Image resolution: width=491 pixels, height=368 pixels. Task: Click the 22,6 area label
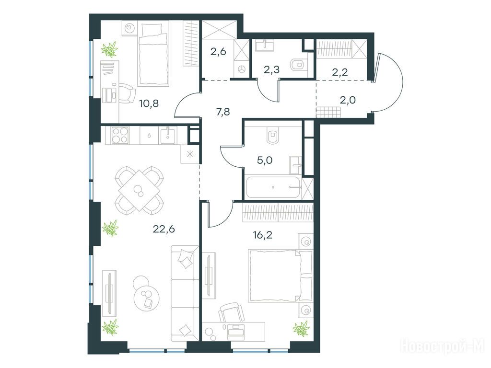[x=164, y=230]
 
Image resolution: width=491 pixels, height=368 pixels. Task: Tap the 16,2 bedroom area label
[x=262, y=235]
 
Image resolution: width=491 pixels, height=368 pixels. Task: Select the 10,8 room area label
[x=149, y=103]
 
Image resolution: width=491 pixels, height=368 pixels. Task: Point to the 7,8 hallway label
[x=223, y=111]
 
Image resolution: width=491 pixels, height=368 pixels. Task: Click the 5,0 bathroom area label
[x=265, y=161]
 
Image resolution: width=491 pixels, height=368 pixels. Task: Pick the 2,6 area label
[x=218, y=52]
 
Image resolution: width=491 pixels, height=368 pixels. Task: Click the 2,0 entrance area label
[x=348, y=100]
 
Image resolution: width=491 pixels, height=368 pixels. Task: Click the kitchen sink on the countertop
[x=168, y=135]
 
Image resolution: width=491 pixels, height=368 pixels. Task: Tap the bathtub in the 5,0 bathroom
[x=273, y=187]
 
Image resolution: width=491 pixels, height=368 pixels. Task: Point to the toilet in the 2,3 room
[x=297, y=65]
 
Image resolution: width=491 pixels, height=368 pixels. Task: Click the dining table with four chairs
[x=139, y=190]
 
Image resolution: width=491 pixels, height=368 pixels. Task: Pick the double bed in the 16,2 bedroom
[x=281, y=276]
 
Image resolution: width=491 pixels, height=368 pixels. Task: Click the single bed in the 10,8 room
[x=153, y=55]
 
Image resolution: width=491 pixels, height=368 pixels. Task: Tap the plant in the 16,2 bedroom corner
[x=301, y=329]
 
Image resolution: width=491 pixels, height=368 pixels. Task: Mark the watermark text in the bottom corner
[x=443, y=345]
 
